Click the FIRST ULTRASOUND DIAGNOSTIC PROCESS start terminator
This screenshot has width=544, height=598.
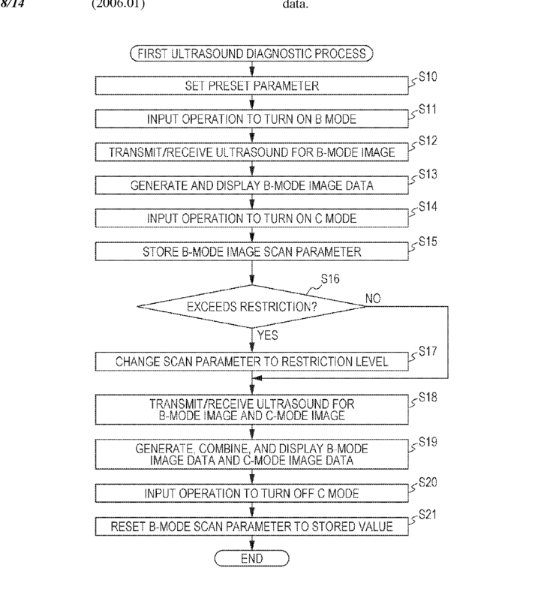pyautogui.click(x=251, y=53)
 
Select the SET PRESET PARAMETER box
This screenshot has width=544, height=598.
pyautogui.click(x=252, y=86)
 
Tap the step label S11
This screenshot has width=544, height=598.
pyautogui.click(x=428, y=110)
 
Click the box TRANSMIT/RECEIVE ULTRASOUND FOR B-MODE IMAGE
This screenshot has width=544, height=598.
pyautogui.click(x=252, y=152)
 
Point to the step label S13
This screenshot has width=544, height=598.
pyautogui.click(x=428, y=174)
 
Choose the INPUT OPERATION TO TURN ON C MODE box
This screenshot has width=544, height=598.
pyautogui.click(x=252, y=218)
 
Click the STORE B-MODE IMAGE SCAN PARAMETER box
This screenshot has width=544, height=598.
pyautogui.click(x=252, y=251)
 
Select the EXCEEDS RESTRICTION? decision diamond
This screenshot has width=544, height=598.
pyautogui.click(x=252, y=306)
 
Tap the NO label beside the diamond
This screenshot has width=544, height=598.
pyautogui.click(x=373, y=298)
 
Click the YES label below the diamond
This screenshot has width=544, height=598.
pyautogui.click(x=267, y=335)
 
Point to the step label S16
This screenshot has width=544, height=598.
pyautogui.click(x=330, y=279)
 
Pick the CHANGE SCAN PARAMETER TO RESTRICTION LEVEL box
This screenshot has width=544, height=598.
pyautogui.click(x=252, y=361)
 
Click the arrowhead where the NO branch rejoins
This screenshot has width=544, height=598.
pyautogui.click(x=257, y=378)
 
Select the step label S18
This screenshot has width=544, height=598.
pyautogui.click(x=428, y=398)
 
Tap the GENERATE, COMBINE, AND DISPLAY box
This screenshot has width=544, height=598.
pyautogui.click(x=252, y=454)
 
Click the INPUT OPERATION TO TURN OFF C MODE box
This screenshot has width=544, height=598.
pyautogui.click(x=252, y=494)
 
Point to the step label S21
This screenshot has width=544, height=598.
pyautogui.click(x=428, y=515)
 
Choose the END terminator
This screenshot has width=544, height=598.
pyautogui.click(x=252, y=559)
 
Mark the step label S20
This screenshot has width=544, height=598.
pyautogui.click(x=428, y=482)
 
